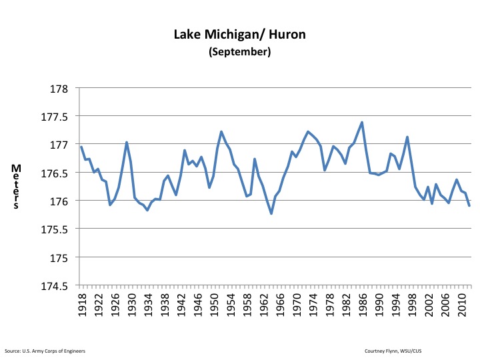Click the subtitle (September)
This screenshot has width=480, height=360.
click(241, 52)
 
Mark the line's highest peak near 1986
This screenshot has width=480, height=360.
click(361, 122)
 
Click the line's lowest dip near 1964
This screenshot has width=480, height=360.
click(271, 213)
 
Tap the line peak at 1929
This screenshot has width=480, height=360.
click(127, 142)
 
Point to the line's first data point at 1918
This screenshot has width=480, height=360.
click(81, 147)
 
